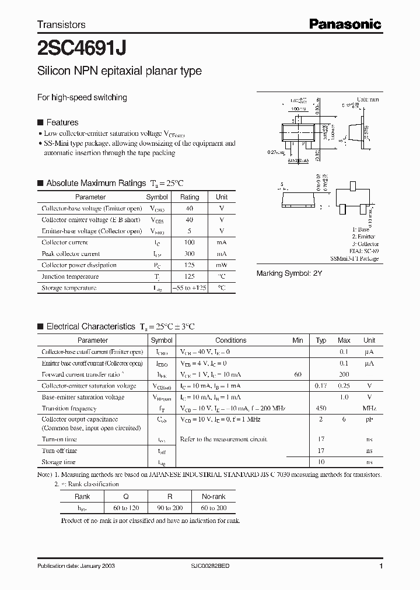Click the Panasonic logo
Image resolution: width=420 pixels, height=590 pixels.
(345, 24)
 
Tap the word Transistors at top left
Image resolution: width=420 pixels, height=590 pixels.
(61, 24)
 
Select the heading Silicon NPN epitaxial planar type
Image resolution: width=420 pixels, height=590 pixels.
(119, 71)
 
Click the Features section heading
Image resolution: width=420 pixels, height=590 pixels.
(62, 122)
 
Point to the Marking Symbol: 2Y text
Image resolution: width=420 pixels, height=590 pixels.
(289, 273)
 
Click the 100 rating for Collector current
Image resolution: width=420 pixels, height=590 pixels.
(189, 243)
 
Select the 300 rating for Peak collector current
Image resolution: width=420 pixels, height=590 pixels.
(189, 254)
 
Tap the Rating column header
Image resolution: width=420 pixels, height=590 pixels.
(189, 197)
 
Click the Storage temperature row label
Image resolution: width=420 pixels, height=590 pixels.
(69, 288)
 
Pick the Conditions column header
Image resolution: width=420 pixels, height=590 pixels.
(230, 340)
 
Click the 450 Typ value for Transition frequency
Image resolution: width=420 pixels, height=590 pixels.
(321, 409)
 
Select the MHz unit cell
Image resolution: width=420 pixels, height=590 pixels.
(369, 409)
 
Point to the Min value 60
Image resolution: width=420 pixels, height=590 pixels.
(298, 374)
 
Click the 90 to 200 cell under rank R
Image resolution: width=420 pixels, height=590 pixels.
(170, 508)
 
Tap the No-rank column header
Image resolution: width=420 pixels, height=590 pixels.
(213, 496)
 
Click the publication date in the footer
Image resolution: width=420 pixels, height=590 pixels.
(73, 567)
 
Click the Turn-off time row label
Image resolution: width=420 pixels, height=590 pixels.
(59, 451)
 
